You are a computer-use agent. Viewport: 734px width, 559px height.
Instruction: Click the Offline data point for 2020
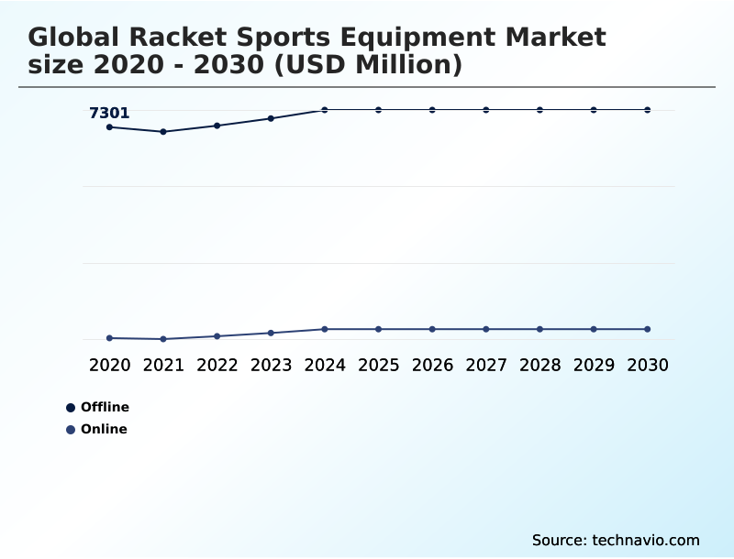pyautogui.click(x=109, y=127)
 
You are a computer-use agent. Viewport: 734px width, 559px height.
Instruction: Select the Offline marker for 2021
pyautogui.click(x=163, y=132)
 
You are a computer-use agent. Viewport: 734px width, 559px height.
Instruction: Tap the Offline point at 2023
pyautogui.click(x=271, y=118)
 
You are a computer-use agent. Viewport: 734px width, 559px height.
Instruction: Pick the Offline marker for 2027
pyautogui.click(x=486, y=110)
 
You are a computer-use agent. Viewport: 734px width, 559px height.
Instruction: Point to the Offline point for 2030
pyautogui.click(x=648, y=110)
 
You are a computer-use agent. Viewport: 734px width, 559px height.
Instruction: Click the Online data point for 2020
pyautogui.click(x=109, y=338)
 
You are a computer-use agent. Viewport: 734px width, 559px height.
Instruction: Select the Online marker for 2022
pyautogui.click(x=217, y=336)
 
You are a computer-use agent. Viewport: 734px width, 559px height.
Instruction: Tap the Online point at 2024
pyautogui.click(x=325, y=329)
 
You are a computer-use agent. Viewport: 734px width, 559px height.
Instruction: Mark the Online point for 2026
pyautogui.click(x=432, y=329)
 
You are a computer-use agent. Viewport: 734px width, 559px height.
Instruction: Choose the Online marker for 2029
pyautogui.click(x=594, y=329)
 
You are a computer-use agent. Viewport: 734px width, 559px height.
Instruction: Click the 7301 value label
pyautogui.click(x=109, y=114)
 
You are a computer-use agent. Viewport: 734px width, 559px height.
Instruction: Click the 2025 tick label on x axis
pyautogui.click(x=378, y=366)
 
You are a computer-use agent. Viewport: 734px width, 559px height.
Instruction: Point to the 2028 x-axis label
pyautogui.click(x=539, y=366)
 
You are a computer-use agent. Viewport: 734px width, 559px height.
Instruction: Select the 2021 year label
pyautogui.click(x=163, y=366)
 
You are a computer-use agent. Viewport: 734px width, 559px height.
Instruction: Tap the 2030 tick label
pyautogui.click(x=648, y=366)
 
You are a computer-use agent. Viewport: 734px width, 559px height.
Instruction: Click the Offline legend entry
pyautogui.click(x=98, y=407)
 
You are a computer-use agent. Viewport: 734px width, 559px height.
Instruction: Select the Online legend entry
pyautogui.click(x=97, y=429)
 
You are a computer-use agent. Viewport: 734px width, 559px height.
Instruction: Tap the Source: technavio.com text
pyautogui.click(x=616, y=540)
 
